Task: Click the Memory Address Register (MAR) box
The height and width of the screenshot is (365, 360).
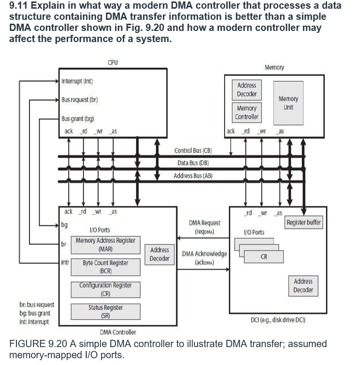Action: point(105,245)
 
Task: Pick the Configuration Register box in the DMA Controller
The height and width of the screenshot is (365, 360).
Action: point(105,289)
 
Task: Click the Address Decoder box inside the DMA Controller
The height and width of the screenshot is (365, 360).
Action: point(159,254)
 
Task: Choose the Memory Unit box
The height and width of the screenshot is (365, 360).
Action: point(288,102)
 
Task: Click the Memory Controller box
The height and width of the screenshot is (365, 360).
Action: point(246,113)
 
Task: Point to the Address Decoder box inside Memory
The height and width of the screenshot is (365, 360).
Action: point(246,90)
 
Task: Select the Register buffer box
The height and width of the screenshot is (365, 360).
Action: point(303,223)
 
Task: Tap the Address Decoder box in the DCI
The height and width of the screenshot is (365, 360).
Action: point(303,285)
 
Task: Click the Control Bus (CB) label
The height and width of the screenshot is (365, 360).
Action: point(193,151)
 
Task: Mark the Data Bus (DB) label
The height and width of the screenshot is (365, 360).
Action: point(193,163)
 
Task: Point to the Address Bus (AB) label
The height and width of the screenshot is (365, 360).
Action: point(193,175)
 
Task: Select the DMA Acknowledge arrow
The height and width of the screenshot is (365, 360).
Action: point(203,269)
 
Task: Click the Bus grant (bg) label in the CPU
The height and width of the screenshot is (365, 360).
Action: point(77,118)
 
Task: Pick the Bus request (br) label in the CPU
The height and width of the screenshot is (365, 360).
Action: point(80,100)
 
